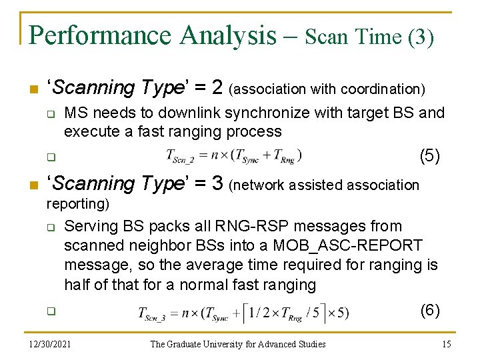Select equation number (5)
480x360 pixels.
pyautogui.click(x=429, y=156)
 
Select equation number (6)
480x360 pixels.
pyautogui.click(x=429, y=310)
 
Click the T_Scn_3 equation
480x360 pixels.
pyautogui.click(x=243, y=312)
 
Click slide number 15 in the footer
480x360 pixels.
pyautogui.click(x=447, y=344)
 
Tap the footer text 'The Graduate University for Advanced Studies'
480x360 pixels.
pyautogui.click(x=238, y=344)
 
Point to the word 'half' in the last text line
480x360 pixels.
pyautogui.click(x=77, y=285)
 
